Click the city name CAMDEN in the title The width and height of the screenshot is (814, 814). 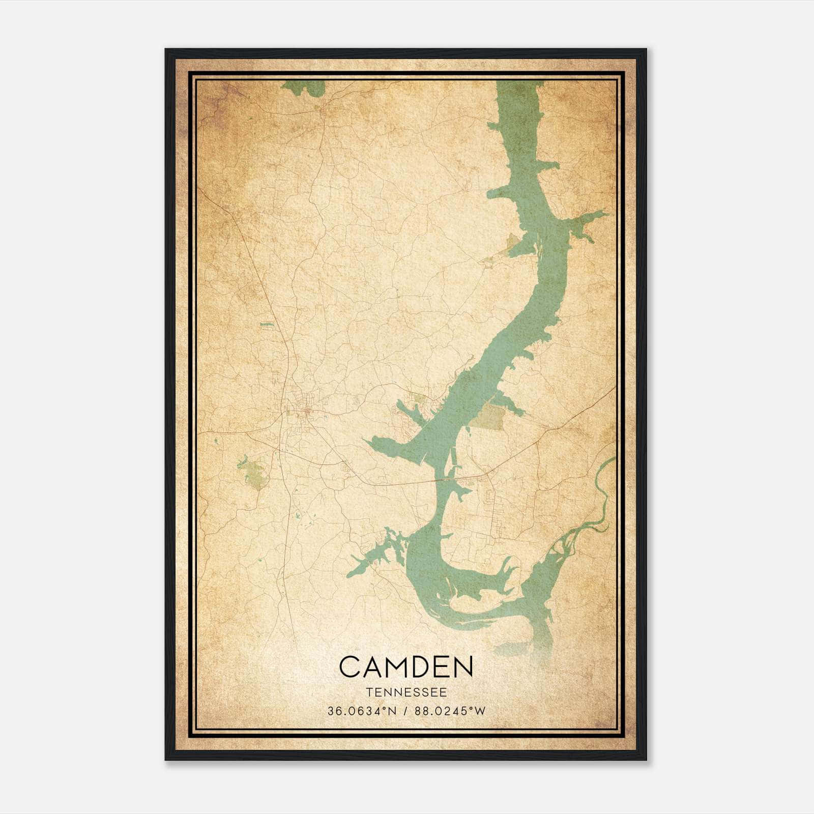(x=406, y=667)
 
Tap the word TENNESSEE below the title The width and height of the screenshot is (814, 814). (x=406, y=692)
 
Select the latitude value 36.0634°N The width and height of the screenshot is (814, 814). (x=361, y=711)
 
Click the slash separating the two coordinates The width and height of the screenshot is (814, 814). (x=406, y=711)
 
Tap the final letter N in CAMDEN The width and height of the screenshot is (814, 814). (x=462, y=667)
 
